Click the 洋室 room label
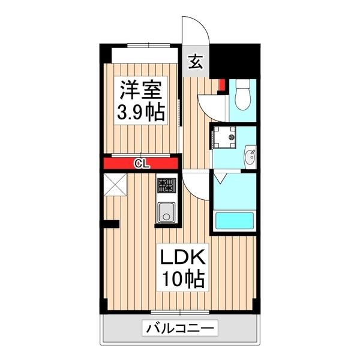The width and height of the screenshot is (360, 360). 140,91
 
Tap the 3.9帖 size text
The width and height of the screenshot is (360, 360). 140,112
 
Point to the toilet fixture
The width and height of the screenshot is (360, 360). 242,96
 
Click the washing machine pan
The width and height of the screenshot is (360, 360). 226,139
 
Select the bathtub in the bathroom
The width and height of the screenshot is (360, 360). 235,220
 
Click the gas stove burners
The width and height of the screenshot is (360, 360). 166,186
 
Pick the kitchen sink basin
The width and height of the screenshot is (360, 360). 166,211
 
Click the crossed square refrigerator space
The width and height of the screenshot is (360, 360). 115,184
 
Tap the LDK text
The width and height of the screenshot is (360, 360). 182,258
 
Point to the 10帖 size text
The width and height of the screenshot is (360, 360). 182,279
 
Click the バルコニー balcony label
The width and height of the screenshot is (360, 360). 179,329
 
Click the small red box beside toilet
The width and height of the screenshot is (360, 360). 221,85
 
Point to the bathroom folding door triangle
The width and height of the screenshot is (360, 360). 219,178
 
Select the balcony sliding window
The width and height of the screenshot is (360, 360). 179,312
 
